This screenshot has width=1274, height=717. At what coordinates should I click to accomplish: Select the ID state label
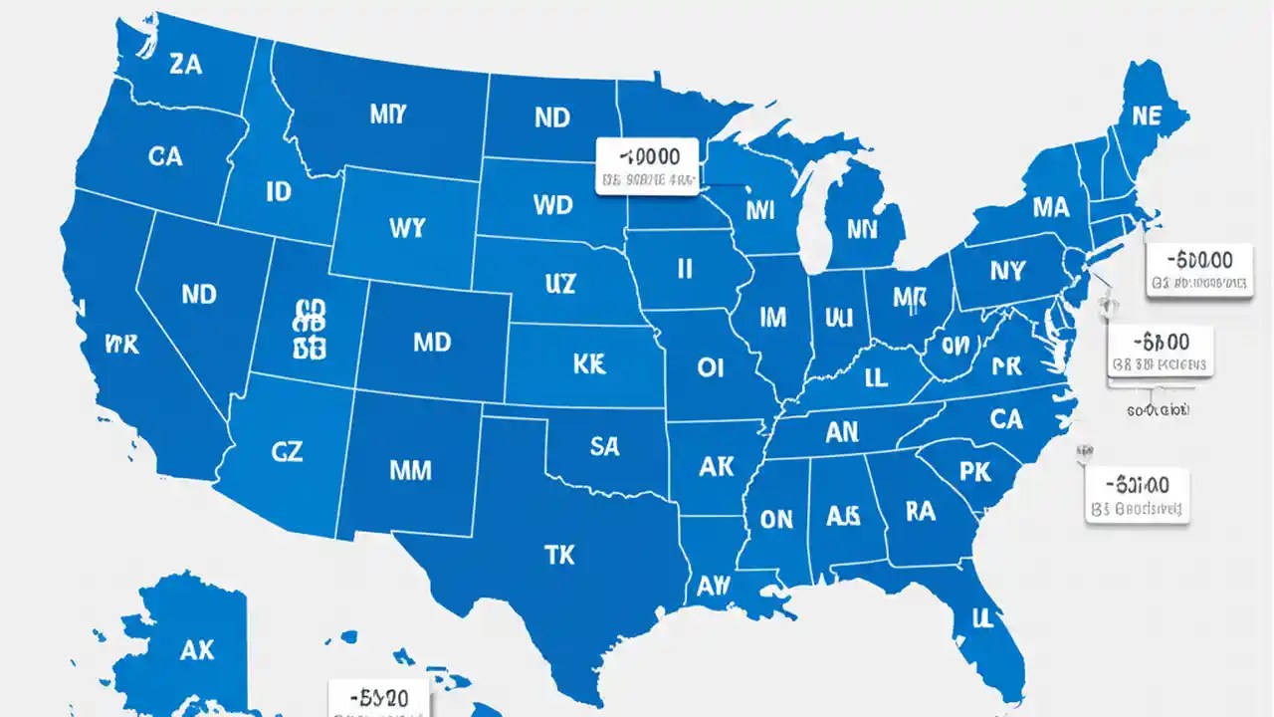click(279, 191)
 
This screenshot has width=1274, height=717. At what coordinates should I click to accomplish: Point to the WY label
click(406, 227)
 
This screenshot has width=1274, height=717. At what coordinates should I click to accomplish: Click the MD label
click(431, 342)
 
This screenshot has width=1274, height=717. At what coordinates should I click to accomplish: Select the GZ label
click(286, 451)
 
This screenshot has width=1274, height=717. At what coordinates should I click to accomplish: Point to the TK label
click(560, 555)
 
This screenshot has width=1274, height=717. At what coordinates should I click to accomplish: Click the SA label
click(604, 447)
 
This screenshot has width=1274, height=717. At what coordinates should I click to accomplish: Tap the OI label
click(710, 367)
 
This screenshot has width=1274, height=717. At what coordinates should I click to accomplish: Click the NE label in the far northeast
click(1147, 116)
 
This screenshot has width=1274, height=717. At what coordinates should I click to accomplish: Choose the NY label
click(1007, 270)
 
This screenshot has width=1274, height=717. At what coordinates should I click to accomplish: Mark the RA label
click(921, 511)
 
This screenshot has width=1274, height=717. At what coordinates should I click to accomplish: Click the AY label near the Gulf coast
click(714, 588)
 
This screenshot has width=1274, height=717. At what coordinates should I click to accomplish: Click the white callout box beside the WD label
click(648, 166)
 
